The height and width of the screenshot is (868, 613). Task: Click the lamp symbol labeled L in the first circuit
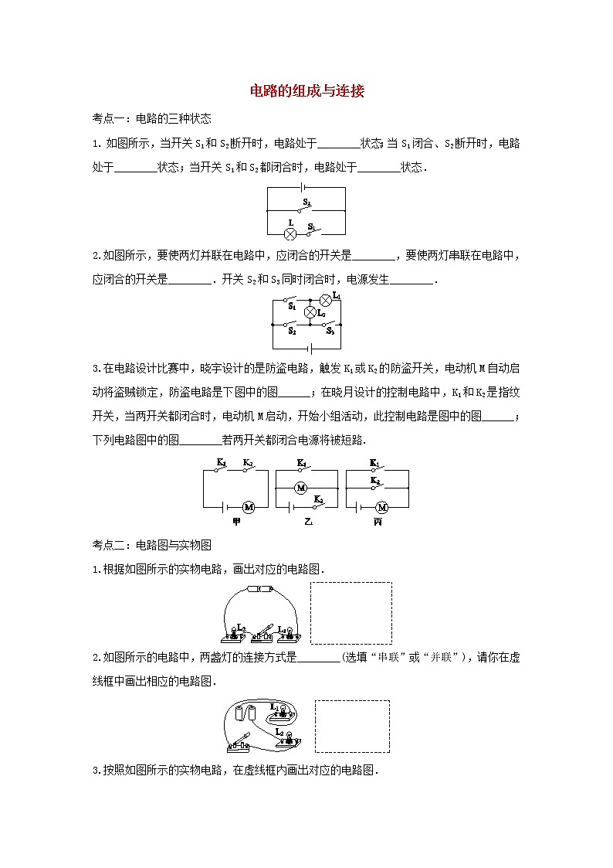click(291, 233)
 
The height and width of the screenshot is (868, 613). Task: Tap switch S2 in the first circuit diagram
click(306, 207)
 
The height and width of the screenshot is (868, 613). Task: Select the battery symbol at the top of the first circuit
click(306, 189)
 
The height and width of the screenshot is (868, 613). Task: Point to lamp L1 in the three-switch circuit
click(326, 300)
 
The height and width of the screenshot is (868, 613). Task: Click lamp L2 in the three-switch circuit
click(310, 312)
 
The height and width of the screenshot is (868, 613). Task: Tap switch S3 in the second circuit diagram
click(330, 325)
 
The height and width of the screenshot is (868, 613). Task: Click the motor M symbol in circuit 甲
click(249, 507)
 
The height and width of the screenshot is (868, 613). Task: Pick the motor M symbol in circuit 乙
click(303, 488)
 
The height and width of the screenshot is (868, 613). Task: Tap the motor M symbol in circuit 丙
click(381, 507)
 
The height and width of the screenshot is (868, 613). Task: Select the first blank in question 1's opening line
click(338, 144)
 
